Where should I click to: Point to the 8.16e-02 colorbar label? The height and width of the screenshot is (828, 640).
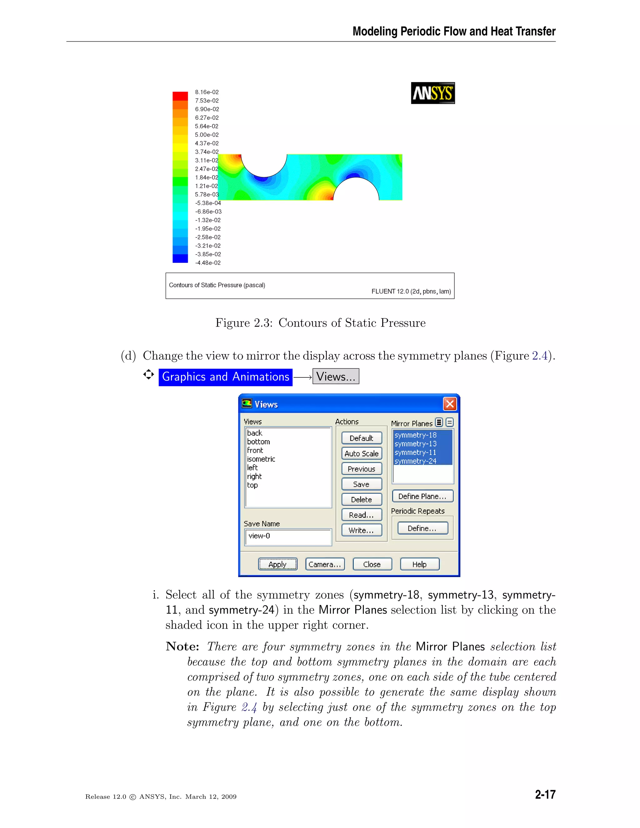click(x=207, y=92)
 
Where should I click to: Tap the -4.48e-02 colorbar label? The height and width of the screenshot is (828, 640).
click(x=207, y=263)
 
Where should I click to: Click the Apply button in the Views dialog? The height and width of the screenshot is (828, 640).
click(x=277, y=564)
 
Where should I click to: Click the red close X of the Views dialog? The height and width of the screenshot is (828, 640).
click(x=450, y=404)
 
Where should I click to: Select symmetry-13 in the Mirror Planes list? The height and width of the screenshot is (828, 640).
click(x=415, y=444)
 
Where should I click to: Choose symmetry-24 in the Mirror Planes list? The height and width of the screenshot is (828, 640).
click(x=415, y=461)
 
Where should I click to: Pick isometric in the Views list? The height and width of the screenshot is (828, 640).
click(x=261, y=459)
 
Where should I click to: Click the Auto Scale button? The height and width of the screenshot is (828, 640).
click(x=361, y=453)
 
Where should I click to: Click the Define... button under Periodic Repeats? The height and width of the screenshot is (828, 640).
click(x=422, y=528)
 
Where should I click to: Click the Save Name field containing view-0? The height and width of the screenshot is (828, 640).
click(x=288, y=536)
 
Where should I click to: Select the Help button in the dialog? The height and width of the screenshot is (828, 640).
click(x=419, y=564)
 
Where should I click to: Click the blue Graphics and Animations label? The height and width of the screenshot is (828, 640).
click(x=225, y=377)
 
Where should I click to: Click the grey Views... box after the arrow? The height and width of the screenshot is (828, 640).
click(x=336, y=377)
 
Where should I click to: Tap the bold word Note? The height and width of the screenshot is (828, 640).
click(x=182, y=646)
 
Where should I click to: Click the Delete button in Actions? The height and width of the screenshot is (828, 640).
click(x=361, y=499)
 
